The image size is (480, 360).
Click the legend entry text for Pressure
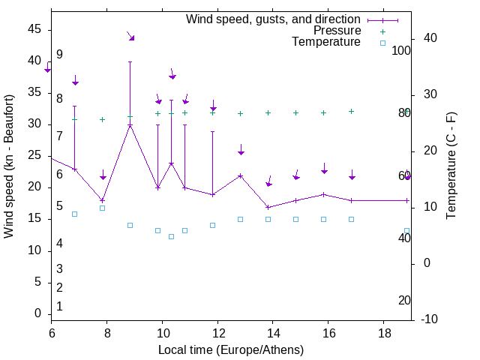[x=337, y=31]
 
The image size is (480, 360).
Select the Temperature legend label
[x=326, y=43]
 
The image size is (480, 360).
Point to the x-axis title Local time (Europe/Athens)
[x=231, y=350]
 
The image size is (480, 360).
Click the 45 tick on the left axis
[x=34, y=29]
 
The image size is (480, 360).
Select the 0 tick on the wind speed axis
[x=37, y=313]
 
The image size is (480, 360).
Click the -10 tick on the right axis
[x=430, y=319]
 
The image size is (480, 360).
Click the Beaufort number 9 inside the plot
[x=59, y=55]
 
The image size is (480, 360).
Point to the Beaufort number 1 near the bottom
[x=59, y=306]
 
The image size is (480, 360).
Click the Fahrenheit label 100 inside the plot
[x=401, y=51]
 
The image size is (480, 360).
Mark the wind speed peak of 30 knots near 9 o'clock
[x=130, y=125]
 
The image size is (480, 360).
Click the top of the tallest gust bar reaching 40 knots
[x=130, y=61]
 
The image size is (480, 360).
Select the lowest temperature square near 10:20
[x=171, y=236]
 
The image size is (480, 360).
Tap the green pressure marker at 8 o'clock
[x=103, y=119]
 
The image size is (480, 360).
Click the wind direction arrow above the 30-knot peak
[x=130, y=36]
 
